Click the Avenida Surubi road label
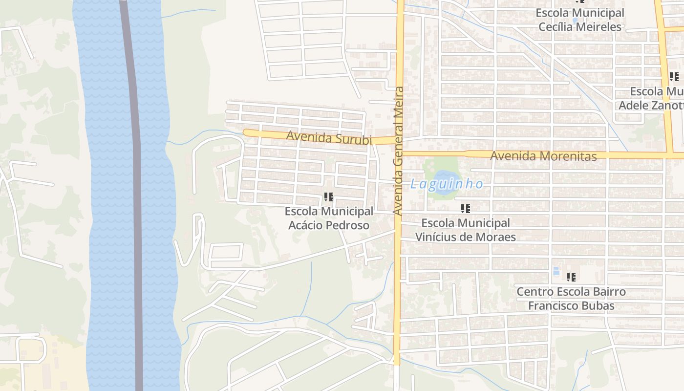329,137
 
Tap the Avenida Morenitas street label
543,156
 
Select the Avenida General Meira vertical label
399,151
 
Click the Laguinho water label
447,184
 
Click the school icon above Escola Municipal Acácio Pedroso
329,197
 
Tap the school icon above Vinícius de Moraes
466,209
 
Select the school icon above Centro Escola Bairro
571,277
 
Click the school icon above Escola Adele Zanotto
674,77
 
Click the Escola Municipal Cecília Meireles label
580,20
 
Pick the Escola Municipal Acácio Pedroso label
329,218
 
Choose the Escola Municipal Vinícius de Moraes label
466,230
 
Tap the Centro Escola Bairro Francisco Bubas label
571,299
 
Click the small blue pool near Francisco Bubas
556,271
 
